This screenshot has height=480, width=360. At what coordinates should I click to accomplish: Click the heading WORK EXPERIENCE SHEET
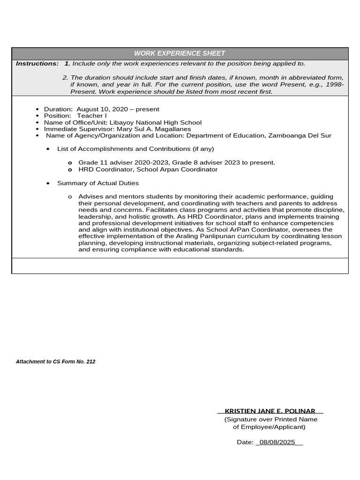tap(180, 53)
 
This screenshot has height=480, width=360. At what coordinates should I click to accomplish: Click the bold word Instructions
tap(37, 63)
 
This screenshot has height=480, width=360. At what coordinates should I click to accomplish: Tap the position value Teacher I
tap(92, 116)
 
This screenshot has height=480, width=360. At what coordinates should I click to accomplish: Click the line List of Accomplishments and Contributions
tap(135, 149)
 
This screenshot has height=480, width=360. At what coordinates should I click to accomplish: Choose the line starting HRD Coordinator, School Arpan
tap(148, 169)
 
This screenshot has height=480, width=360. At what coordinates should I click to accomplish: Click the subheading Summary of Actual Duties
tap(98, 183)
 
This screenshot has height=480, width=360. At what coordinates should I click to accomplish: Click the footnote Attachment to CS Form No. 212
tap(56, 362)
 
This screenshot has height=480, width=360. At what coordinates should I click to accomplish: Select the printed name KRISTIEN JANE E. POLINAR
tap(270, 411)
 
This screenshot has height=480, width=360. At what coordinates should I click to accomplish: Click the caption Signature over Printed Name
tap(270, 419)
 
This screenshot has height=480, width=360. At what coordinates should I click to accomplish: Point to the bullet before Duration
tap(37, 109)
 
